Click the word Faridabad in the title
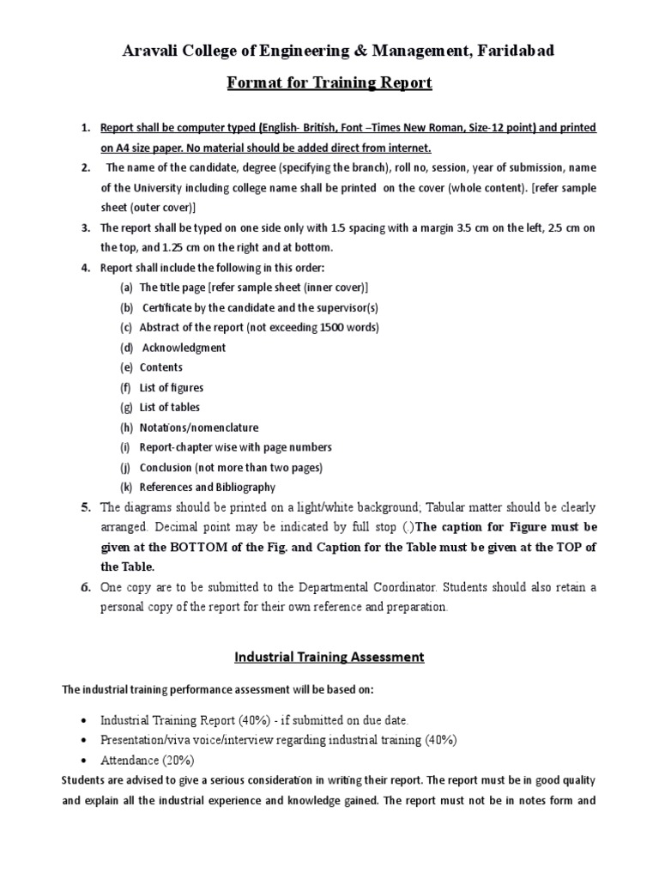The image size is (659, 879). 511,52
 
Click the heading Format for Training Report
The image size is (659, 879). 329,83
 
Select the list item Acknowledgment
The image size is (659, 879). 184,348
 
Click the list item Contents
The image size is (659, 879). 161,367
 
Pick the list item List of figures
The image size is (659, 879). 172,388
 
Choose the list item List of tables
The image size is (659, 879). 170,408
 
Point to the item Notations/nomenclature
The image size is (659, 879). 198,427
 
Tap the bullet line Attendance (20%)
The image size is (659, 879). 148,760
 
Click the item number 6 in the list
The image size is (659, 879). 86,587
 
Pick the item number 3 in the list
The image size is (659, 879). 86,228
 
